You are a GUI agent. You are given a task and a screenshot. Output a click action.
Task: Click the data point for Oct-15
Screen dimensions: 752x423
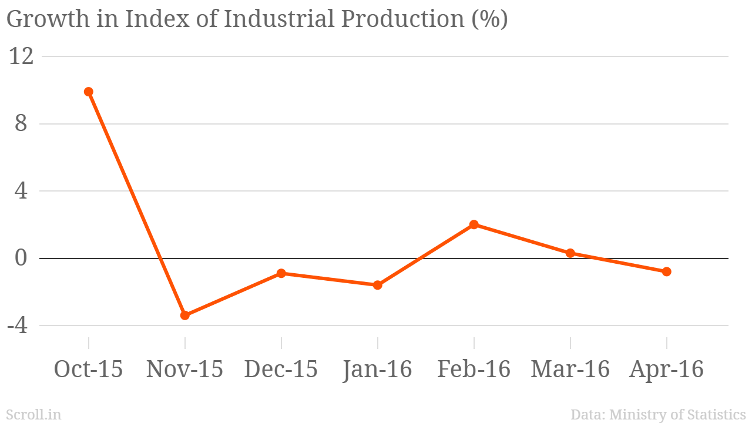click(89, 92)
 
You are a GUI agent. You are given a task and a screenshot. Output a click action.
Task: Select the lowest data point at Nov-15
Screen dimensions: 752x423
click(185, 315)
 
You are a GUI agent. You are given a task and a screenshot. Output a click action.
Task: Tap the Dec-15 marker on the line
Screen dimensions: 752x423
click(281, 273)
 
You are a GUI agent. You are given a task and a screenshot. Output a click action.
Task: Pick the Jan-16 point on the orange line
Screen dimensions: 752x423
click(378, 285)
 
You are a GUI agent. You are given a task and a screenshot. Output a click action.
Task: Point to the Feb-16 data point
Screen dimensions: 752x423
click(474, 224)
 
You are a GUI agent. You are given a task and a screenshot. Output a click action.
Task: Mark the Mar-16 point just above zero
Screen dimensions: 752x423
click(570, 253)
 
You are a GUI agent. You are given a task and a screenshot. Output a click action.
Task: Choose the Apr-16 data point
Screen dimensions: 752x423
click(667, 271)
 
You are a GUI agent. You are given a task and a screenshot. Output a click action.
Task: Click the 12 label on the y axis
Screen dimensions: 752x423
click(21, 56)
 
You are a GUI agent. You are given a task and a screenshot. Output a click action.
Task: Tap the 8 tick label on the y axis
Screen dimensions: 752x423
click(21, 123)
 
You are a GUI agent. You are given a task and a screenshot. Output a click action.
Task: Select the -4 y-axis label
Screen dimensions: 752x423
click(17, 325)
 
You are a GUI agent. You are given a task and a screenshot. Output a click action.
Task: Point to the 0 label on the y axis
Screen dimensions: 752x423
click(21, 258)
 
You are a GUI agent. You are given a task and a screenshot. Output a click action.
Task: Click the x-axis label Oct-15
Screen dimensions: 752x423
click(88, 369)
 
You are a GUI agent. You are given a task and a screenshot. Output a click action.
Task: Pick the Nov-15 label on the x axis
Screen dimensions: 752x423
click(184, 369)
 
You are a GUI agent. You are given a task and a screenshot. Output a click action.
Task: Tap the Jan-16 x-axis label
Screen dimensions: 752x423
click(377, 370)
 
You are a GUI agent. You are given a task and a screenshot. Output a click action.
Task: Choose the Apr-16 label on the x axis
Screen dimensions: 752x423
click(666, 370)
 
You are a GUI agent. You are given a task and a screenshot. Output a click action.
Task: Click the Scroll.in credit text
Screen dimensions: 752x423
click(33, 414)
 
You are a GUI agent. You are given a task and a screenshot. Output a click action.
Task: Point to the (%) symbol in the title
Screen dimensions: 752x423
click(489, 19)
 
